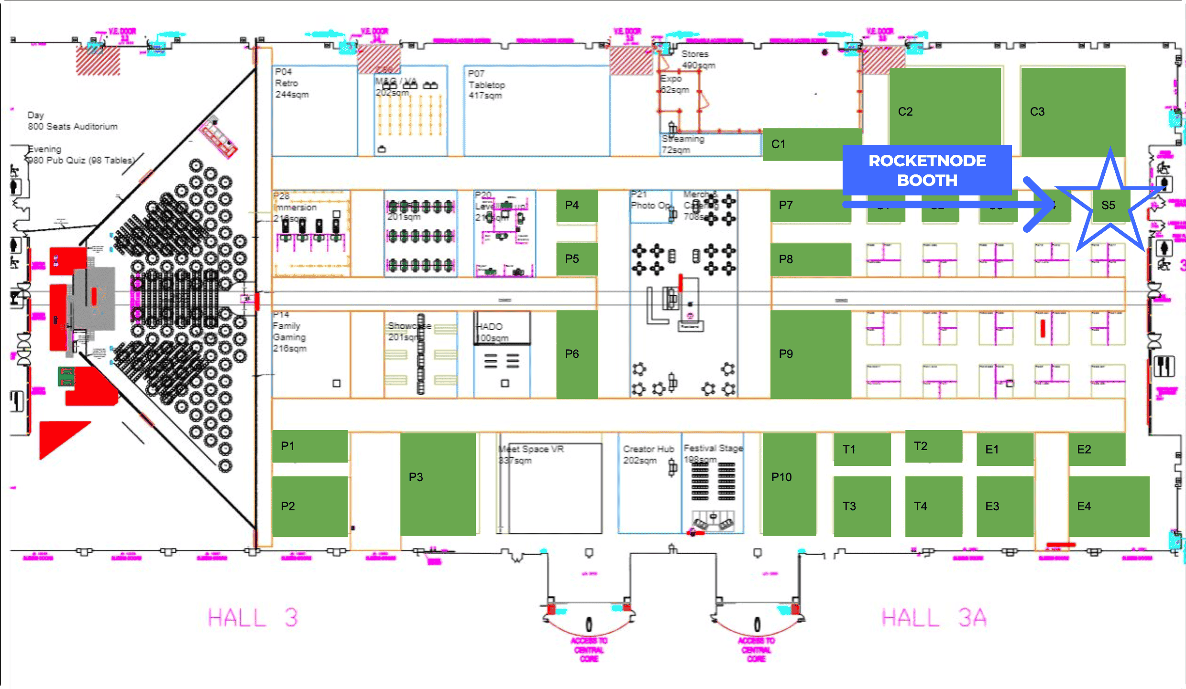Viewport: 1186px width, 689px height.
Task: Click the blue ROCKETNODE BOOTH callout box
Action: click(927, 170)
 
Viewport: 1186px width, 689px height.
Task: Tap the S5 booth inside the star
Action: click(1108, 205)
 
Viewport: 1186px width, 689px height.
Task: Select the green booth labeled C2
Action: click(944, 111)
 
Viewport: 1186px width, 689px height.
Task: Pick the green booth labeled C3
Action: click(1073, 111)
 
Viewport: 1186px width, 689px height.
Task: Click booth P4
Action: click(576, 205)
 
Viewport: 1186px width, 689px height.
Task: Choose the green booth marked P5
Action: click(576, 258)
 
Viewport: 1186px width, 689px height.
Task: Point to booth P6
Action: click(576, 354)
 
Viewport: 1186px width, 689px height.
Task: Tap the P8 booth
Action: click(810, 259)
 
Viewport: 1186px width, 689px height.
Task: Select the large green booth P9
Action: click(810, 354)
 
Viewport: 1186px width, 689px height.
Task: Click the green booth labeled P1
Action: click(309, 446)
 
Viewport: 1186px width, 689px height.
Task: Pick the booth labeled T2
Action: click(933, 446)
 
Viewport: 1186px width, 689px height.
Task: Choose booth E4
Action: click(1109, 506)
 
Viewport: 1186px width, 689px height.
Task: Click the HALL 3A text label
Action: click(933, 618)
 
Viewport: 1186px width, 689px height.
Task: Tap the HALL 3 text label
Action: click(253, 618)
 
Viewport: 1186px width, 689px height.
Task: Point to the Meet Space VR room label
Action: click(531, 449)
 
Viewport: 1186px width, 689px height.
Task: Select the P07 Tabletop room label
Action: click(486, 85)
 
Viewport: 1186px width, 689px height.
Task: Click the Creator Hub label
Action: click(648, 449)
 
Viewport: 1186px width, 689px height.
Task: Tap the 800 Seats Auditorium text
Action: click(72, 126)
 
